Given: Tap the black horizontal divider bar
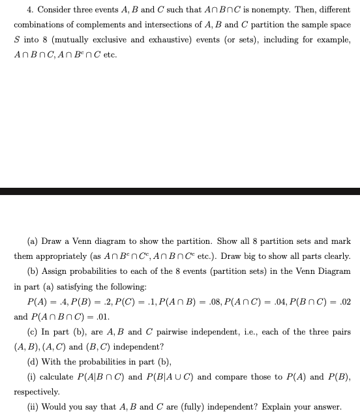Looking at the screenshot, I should point(180,191).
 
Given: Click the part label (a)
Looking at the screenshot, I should point(33,241).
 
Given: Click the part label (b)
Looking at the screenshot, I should point(33,271).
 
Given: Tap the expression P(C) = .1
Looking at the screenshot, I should point(136,303).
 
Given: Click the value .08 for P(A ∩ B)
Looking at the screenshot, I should point(210,303).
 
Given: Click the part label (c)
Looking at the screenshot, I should point(33,331).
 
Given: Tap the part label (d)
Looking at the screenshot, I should point(33,361).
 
